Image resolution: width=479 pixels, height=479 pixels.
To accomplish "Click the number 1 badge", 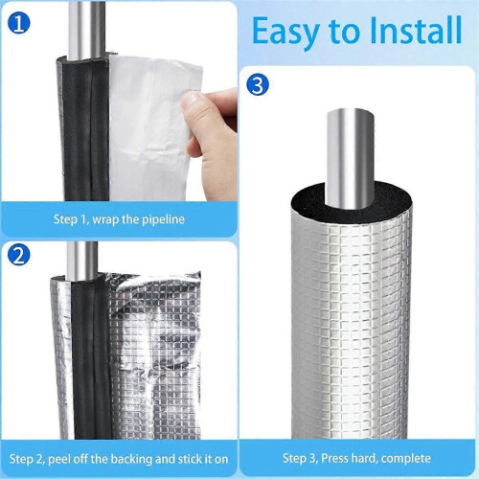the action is point(19,22).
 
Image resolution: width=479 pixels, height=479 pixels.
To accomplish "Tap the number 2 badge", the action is point(19,255).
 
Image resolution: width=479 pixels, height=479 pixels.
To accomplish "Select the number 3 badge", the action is point(258,85).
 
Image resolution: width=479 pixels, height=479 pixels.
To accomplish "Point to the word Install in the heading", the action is point(416,31).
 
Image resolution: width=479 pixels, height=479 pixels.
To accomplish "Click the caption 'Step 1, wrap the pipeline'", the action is point(119,219).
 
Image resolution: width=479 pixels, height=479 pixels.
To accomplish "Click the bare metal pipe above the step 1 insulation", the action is point(86,31).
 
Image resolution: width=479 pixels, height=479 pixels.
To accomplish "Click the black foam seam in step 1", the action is point(85,127).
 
